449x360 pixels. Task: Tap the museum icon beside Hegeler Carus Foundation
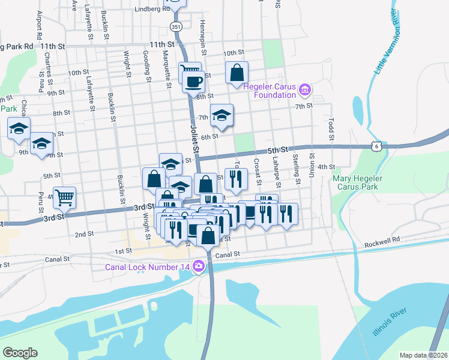point(304,90)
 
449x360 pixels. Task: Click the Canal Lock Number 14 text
point(147,267)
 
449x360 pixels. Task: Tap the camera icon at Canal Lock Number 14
point(197,267)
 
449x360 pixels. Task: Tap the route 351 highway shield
point(175,26)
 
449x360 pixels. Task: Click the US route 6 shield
point(376,145)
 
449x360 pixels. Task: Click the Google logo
point(20,352)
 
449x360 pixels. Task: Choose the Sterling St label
point(296,169)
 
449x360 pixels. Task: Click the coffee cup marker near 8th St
point(193,82)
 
